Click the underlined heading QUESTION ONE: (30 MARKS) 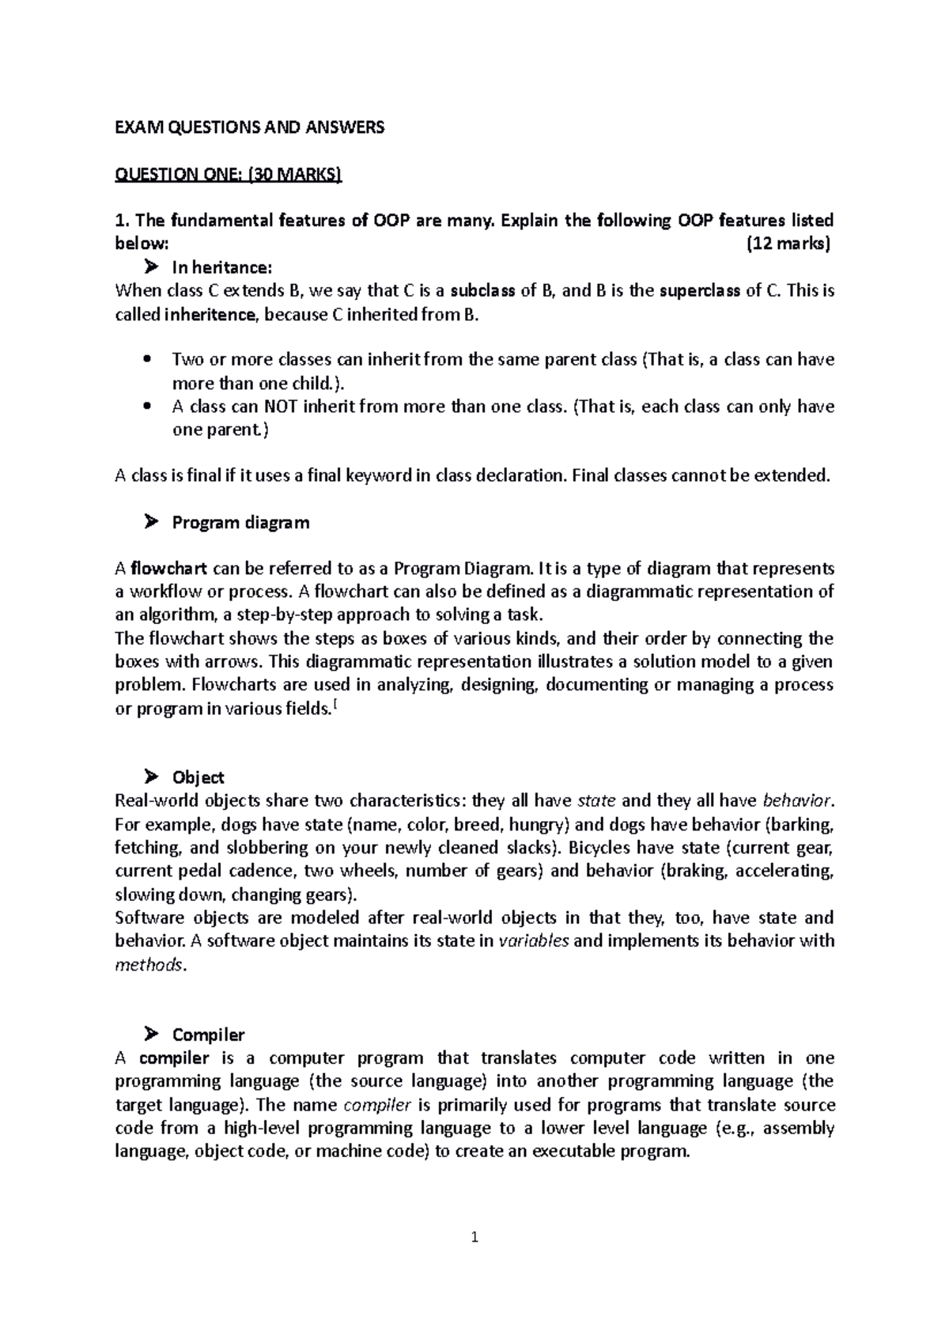pos(229,174)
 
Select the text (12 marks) pos(788,244)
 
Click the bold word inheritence pos(210,314)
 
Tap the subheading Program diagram pos(240,522)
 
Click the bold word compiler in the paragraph pos(174,1058)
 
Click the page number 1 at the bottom pos(475,1238)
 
